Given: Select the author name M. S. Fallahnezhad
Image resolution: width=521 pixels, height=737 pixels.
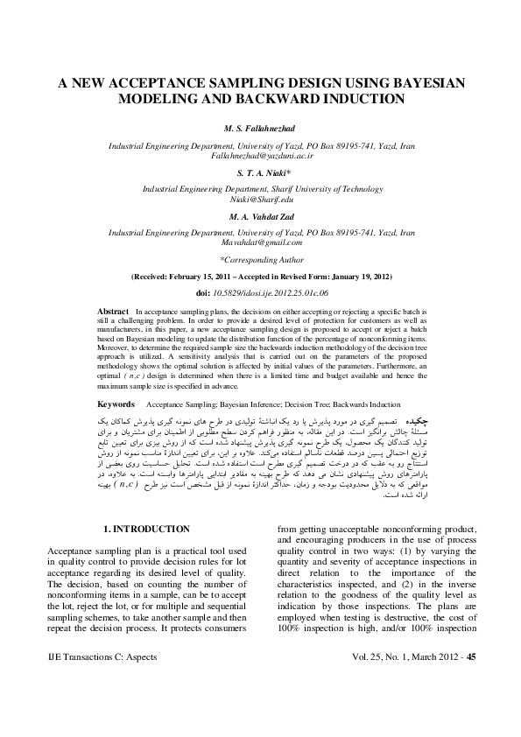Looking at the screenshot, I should (260, 130).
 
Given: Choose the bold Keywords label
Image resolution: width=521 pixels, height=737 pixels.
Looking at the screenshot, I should (116, 405).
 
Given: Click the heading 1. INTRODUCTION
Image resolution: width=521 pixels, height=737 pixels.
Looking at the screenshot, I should (146, 530).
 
